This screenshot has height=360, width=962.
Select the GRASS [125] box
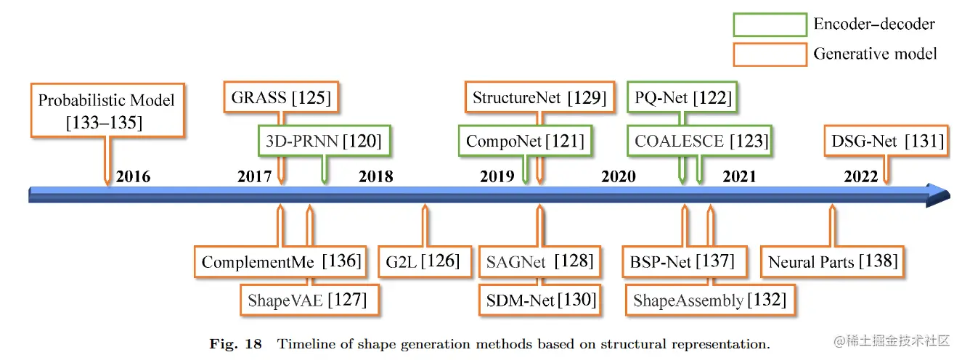[281, 98]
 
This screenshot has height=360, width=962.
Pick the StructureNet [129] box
[539, 98]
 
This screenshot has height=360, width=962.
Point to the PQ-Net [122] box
[683, 98]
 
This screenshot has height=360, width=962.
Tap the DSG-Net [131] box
[886, 141]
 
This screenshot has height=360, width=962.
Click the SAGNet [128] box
[539, 261]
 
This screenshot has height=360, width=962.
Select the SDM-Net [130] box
[539, 299]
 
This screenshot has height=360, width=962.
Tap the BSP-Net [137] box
[683, 261]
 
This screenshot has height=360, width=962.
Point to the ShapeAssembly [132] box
[709, 299]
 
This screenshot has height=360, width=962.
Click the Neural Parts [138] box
[833, 261]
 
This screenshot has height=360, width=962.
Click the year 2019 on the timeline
[497, 176]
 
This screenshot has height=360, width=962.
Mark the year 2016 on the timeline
[134, 176]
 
